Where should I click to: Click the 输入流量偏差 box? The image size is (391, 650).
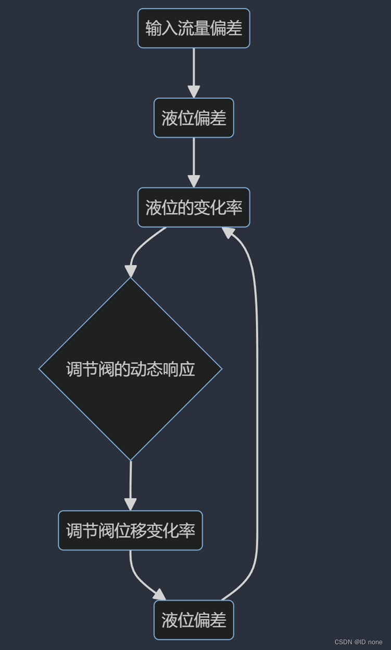pos(194,28)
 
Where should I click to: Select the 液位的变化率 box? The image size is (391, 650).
pos(194,208)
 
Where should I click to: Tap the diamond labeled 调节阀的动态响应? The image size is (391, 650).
pos(130,369)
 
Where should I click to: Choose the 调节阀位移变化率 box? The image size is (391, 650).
pos(130,530)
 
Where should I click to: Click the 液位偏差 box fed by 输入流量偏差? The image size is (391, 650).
pos(194,118)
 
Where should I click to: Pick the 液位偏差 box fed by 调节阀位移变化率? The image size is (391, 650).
pos(194,620)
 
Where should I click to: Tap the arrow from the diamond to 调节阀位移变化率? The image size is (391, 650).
pos(130,484)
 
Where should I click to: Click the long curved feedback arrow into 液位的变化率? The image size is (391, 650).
pos(257,416)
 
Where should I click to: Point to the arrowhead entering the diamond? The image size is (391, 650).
pos(131,272)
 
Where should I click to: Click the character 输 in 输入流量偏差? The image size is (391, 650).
pos(154,28)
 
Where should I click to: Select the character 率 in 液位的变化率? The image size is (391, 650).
pos(234,208)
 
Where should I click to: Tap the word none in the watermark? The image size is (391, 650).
pos(375,642)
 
